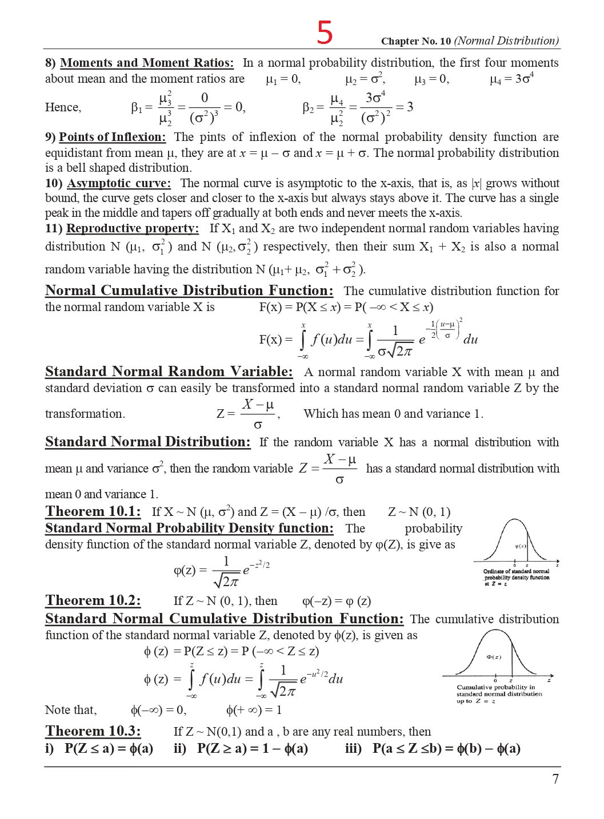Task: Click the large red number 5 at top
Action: (x=325, y=33)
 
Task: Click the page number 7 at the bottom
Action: (x=555, y=779)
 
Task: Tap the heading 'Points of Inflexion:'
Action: (x=113, y=137)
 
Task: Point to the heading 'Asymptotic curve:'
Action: (x=119, y=183)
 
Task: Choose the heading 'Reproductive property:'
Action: (x=133, y=228)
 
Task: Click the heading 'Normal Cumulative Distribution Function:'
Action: (x=189, y=291)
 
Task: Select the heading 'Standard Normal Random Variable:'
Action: (x=169, y=372)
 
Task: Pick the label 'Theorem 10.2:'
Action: (x=93, y=600)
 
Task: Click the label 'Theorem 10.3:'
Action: (x=93, y=731)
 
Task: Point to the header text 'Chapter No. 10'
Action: (x=416, y=41)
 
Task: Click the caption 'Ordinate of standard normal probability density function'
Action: (x=516, y=574)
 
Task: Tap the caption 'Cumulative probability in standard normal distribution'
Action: (x=499, y=691)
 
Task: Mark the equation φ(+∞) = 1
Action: (x=254, y=710)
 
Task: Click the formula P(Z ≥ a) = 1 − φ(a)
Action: (x=253, y=749)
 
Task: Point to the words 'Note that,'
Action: (x=71, y=710)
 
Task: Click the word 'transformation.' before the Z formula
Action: (x=85, y=414)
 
